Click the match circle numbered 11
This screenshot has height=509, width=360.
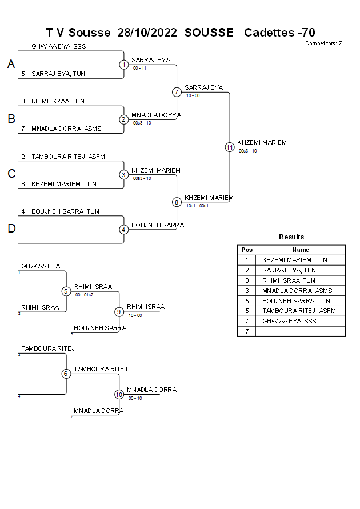230,147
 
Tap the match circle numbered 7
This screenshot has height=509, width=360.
177,92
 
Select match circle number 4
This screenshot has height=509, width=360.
124,230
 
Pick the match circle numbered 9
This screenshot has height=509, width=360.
119,312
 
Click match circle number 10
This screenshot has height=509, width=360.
119,394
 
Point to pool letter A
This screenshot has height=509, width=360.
11,65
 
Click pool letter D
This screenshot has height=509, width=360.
11,229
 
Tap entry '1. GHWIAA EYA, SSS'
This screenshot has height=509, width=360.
54,46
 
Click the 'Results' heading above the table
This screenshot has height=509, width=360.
291,237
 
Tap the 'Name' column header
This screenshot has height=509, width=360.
301,250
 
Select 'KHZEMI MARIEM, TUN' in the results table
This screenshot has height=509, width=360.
295,260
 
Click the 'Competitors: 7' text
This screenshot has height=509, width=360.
323,43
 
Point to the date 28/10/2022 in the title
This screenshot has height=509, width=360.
148,33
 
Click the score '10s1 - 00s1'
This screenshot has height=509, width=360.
198,206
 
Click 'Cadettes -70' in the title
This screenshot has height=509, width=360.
279,33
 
